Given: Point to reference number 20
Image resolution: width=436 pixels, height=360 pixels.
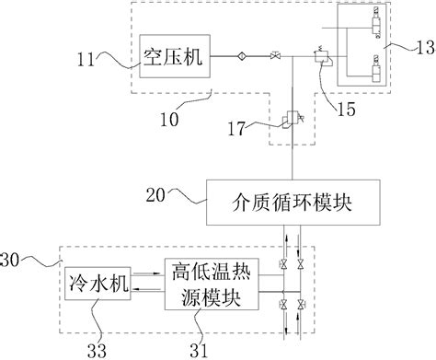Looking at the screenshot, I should coord(157,194).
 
